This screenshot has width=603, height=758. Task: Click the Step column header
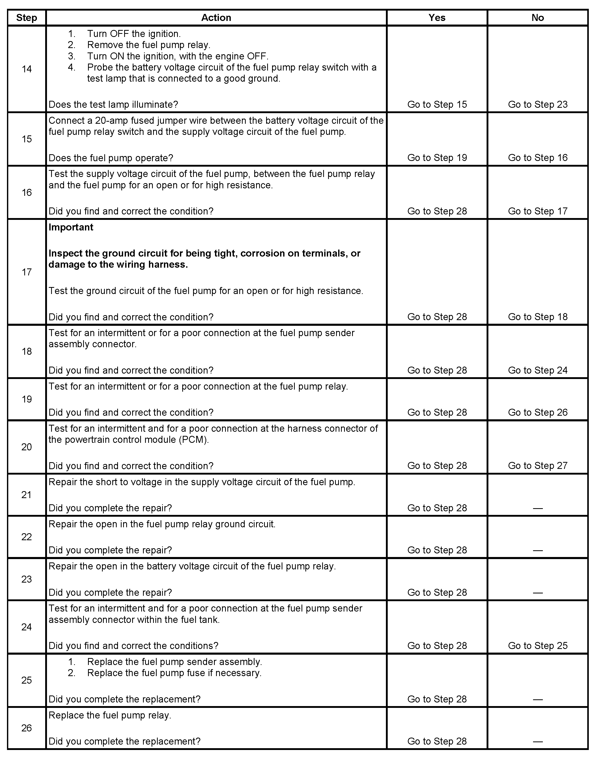[x=27, y=18]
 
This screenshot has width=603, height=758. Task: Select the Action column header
[x=216, y=18]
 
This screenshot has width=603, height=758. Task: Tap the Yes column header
[x=437, y=18]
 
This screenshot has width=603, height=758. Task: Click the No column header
[x=538, y=18]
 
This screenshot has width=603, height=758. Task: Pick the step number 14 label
[x=27, y=69]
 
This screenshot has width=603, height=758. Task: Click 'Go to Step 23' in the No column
[x=538, y=104]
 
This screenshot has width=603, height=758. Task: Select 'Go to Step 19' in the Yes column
[x=437, y=158]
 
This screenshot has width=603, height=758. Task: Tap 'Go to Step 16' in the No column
[x=538, y=158]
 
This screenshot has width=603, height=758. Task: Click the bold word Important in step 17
[x=71, y=227]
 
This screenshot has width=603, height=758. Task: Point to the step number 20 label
[x=27, y=447]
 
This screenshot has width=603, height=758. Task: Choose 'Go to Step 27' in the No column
[x=538, y=466]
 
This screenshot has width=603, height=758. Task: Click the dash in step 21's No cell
[x=538, y=508]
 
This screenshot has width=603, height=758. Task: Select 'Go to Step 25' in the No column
[x=538, y=646]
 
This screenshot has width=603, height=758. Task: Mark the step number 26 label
[x=27, y=728]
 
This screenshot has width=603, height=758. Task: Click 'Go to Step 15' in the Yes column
[x=437, y=104]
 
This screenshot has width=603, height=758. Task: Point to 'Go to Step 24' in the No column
[x=538, y=370]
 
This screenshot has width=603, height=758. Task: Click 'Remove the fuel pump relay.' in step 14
[x=148, y=45]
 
